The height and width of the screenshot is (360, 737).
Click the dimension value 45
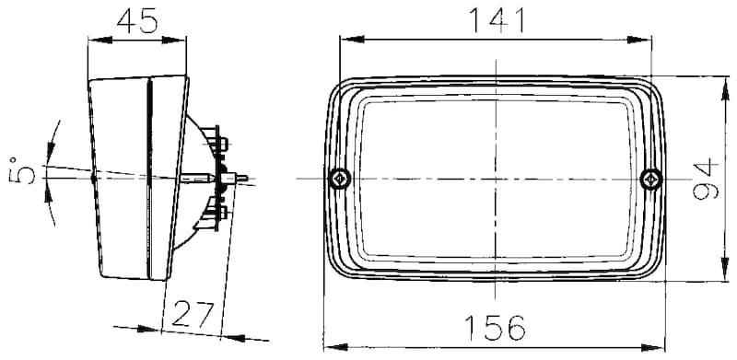[x=136, y=20]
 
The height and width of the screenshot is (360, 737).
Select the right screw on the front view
[x=650, y=178]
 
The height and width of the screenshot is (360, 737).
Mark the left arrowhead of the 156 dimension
[x=333, y=348]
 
